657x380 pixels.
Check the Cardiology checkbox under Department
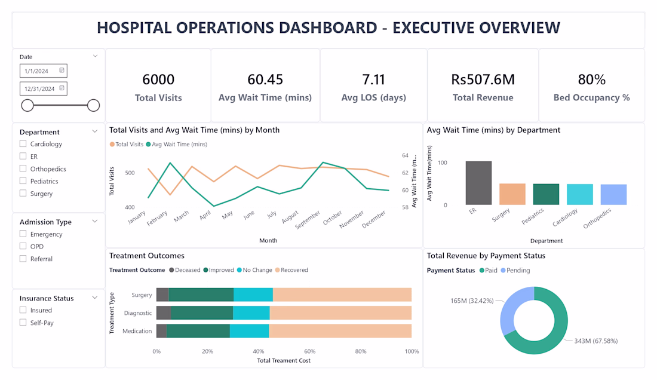pyautogui.click(x=23, y=144)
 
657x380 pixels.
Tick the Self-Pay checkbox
pyautogui.click(x=23, y=322)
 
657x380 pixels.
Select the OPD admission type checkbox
pyautogui.click(x=23, y=246)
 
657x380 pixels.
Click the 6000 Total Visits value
pyautogui.click(x=158, y=79)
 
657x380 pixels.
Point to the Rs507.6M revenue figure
pyautogui.click(x=483, y=79)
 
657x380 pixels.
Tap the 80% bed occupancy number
pyautogui.click(x=592, y=79)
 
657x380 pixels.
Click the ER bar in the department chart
pyautogui.click(x=478, y=183)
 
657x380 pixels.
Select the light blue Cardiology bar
pyautogui.click(x=580, y=194)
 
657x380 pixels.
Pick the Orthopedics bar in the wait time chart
pyautogui.click(x=613, y=194)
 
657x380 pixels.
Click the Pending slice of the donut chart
pyautogui.click(x=509, y=308)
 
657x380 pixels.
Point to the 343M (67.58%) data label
pyautogui.click(x=596, y=341)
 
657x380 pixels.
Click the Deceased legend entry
pyautogui.click(x=185, y=270)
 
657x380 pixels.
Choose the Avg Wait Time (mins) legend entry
pyautogui.click(x=176, y=144)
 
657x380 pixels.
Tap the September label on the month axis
pyautogui.click(x=308, y=219)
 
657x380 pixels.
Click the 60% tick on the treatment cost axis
pyautogui.click(x=309, y=351)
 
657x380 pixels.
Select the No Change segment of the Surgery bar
pyautogui.click(x=253, y=295)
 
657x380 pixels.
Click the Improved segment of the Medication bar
pyautogui.click(x=198, y=331)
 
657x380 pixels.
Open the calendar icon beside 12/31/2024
pyautogui.click(x=62, y=88)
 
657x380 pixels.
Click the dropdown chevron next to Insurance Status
pyautogui.click(x=95, y=298)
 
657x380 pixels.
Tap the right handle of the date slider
pyautogui.click(x=93, y=105)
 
